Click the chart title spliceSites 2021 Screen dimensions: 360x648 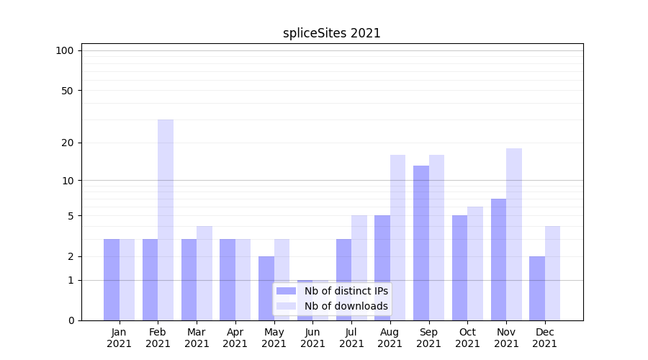[x=331, y=33]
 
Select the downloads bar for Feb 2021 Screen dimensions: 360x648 [x=166, y=220]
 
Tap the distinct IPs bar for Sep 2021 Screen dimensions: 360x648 [x=421, y=243]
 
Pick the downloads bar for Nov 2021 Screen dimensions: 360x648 [x=514, y=234]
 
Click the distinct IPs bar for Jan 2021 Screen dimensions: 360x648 [x=112, y=279]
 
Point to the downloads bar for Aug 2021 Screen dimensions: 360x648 [x=398, y=238]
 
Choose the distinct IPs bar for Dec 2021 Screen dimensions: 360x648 [x=537, y=288]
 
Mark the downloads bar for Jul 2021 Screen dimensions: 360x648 [x=359, y=268]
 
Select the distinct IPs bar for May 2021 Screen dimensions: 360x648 [x=266, y=288]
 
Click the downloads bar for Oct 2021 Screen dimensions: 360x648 [x=475, y=264]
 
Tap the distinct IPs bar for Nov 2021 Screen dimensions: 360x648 [x=498, y=259]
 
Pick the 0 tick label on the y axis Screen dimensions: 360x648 [x=71, y=320]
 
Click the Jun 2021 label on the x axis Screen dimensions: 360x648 [x=312, y=338]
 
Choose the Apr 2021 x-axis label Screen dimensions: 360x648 [x=235, y=338]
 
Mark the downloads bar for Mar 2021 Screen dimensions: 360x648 [x=204, y=273]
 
